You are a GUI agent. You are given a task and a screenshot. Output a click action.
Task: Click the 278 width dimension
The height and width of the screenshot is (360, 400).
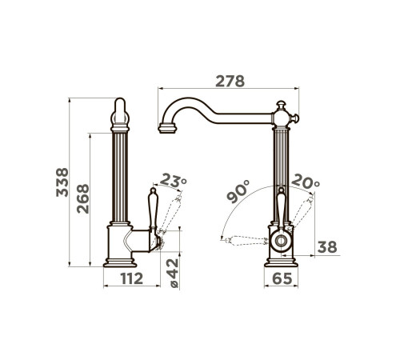230,81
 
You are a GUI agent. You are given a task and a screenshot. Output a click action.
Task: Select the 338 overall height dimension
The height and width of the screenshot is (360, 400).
62,182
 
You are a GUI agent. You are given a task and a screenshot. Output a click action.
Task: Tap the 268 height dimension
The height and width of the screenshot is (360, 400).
82,198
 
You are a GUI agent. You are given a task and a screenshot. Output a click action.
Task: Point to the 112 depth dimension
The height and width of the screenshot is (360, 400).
132,278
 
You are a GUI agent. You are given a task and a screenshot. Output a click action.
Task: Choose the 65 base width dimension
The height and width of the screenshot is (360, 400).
282,278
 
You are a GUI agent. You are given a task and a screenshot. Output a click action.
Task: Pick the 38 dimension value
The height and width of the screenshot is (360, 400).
327,247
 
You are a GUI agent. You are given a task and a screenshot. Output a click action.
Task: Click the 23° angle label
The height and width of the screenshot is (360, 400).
174,180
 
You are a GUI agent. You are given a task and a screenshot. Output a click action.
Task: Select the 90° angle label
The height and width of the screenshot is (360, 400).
238,191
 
